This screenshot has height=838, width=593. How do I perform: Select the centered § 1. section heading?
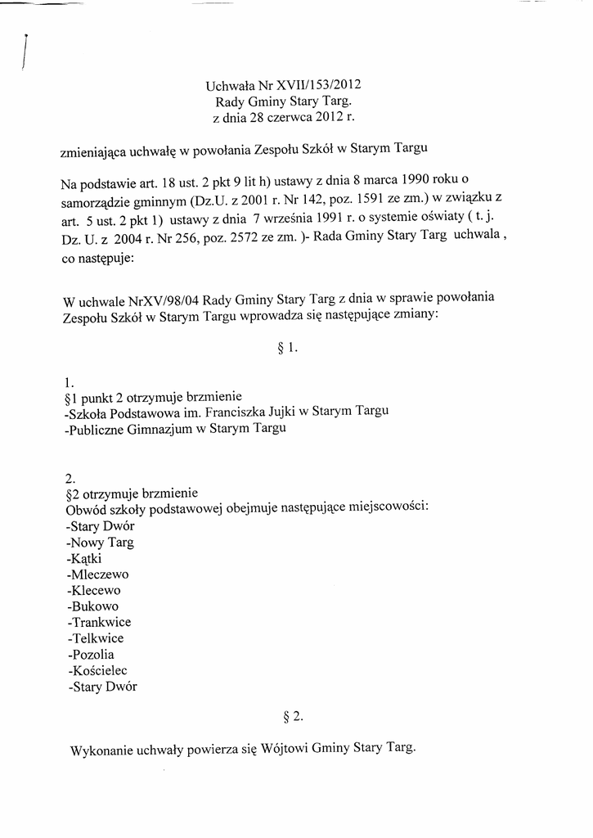(289, 347)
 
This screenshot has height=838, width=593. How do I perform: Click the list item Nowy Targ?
(101, 542)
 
